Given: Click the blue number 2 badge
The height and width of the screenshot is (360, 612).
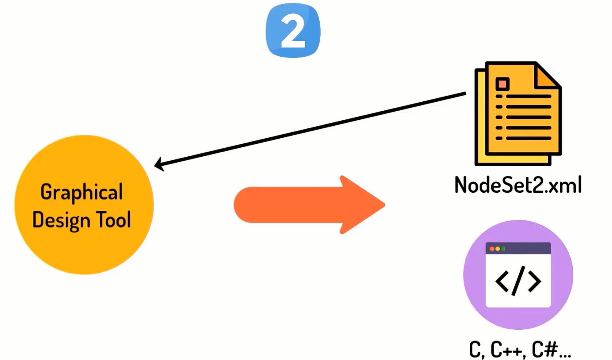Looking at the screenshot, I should [x=293, y=31].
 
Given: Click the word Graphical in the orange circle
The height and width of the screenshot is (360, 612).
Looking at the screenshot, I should [x=81, y=192].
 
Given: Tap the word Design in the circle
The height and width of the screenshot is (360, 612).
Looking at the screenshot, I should [x=61, y=220].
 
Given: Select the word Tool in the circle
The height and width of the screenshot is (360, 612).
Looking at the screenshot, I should [x=114, y=220].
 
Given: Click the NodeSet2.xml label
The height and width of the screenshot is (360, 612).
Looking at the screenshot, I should [x=518, y=185].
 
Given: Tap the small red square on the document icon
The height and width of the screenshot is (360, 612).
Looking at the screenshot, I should [x=502, y=84].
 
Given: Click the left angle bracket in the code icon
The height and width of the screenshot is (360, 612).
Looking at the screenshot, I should [x=502, y=281].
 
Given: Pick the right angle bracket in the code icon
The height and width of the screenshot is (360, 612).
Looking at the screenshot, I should [x=535, y=281].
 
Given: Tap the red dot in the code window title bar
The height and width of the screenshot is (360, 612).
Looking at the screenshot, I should [x=492, y=249].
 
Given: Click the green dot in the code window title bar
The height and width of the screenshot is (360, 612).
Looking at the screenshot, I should [x=503, y=249].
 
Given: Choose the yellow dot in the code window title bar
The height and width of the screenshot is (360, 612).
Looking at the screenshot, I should [x=497, y=249].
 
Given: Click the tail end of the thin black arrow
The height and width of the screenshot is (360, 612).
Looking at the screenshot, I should [x=465, y=94].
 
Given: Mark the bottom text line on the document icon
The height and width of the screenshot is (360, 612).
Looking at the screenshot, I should [x=528, y=138].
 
